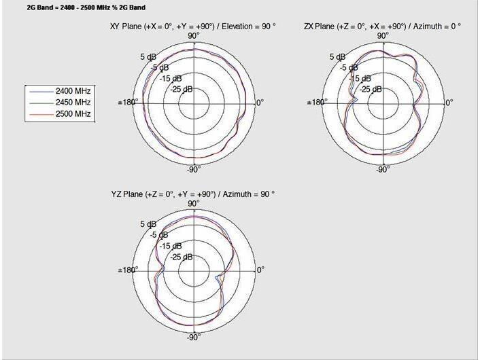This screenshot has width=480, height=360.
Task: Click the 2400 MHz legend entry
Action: tap(60, 91)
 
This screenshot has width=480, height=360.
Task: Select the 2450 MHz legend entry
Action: tap(60, 103)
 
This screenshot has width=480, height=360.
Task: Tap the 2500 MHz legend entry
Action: tap(60, 114)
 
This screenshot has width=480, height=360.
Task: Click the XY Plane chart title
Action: tap(193, 26)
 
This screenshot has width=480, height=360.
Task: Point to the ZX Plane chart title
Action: tap(382, 26)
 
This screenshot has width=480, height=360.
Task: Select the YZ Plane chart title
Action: tap(193, 194)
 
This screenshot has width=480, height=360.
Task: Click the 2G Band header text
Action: tap(86, 7)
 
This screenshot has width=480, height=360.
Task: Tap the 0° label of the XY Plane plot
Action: tap(260, 103)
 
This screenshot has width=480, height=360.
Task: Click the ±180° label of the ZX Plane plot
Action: tap(317, 102)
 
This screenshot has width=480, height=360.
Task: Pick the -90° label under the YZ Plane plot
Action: tap(194, 337)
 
